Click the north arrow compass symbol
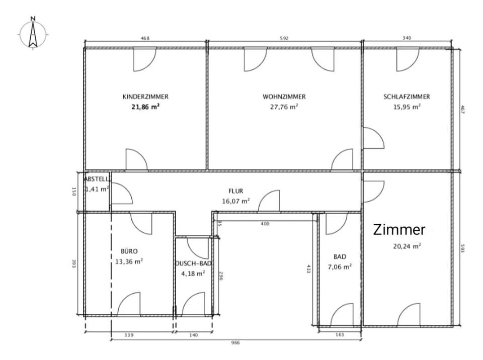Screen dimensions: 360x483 33,33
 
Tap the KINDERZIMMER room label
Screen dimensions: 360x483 145,97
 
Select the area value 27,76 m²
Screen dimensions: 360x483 284,107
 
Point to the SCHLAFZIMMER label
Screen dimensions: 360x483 407,97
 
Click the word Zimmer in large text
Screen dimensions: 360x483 399,230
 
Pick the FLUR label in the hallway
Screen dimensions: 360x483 236,192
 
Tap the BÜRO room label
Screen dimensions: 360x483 129,250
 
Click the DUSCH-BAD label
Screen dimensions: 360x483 193,264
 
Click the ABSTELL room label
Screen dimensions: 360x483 96,179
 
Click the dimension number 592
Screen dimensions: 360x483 285,39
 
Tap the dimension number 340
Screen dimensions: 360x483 407,39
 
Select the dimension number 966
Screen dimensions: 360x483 235,343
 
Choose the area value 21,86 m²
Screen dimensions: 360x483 145,107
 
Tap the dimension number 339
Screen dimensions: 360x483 129,335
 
